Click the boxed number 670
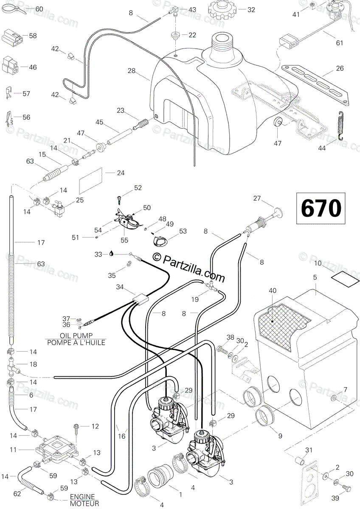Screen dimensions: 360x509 point(321,208)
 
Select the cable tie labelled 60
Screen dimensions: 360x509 point(14,9)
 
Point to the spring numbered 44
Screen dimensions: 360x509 point(342,126)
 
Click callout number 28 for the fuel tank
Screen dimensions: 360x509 point(132,71)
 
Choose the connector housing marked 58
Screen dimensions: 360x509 point(12,36)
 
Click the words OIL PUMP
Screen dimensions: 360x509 point(76,336)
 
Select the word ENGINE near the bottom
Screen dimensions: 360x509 point(82,497)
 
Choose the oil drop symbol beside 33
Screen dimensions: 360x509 point(111,254)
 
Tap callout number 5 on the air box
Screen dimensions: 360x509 point(315,277)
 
